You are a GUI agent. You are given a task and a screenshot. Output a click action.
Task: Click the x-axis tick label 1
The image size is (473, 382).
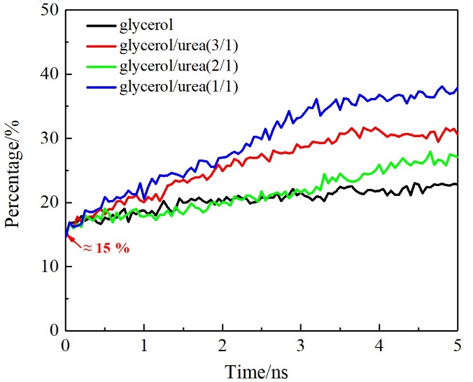(144, 346)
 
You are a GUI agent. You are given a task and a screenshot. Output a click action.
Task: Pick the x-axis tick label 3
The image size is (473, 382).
(301, 346)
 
